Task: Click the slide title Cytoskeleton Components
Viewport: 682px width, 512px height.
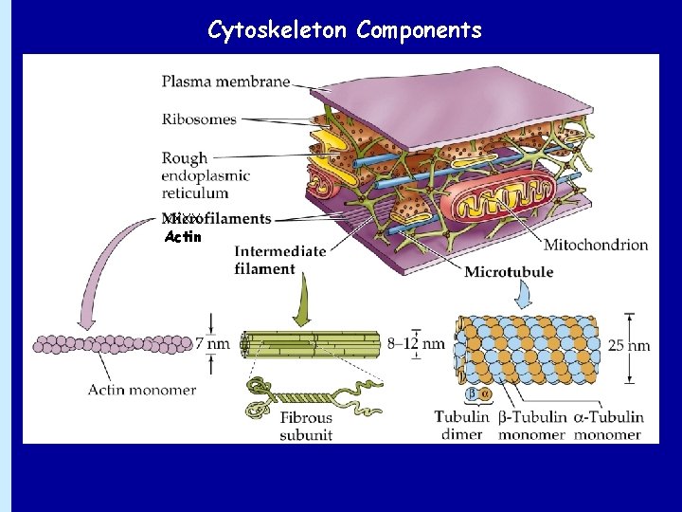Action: [x=345, y=30]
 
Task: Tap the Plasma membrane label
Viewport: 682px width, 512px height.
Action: [x=225, y=82]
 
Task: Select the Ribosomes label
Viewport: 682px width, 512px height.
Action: [x=199, y=119]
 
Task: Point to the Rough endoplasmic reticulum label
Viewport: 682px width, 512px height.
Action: [x=205, y=175]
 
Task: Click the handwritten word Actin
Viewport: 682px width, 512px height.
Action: [x=183, y=237]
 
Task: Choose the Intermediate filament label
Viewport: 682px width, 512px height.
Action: [x=279, y=260]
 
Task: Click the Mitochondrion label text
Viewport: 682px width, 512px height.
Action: [x=596, y=245]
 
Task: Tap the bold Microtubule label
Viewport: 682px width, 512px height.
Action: [x=509, y=273]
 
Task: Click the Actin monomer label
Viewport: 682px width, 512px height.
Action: [x=142, y=390]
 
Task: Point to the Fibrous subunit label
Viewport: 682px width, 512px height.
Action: [x=305, y=426]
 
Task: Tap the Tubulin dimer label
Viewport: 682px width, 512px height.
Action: [x=461, y=426]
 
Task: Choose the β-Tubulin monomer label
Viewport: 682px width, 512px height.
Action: [x=530, y=426]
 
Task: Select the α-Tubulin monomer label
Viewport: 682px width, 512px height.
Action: [x=607, y=426]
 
